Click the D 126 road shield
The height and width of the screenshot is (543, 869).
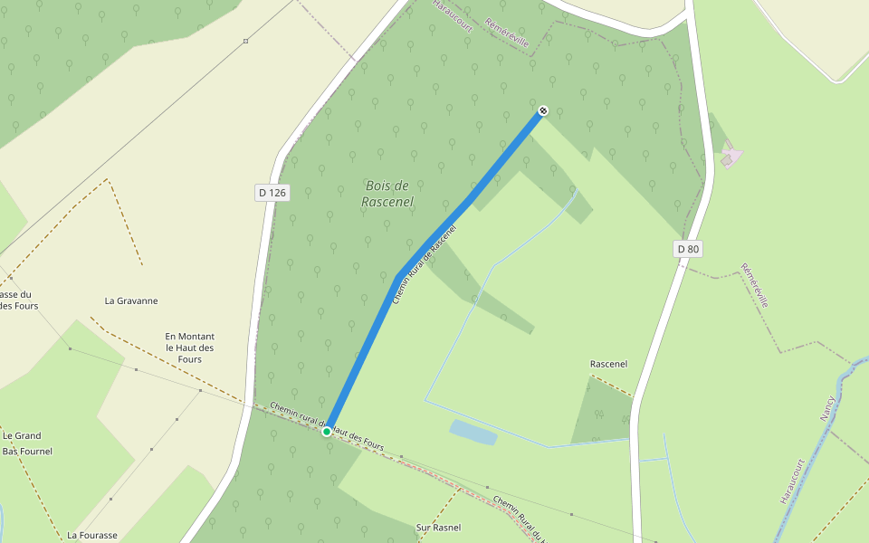(272, 193)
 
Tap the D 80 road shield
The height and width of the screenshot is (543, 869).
(689, 249)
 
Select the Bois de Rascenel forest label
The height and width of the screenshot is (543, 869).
(387, 194)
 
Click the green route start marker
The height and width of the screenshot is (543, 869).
(327, 432)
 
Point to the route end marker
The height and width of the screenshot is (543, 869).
(542, 110)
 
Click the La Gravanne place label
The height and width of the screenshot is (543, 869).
(131, 301)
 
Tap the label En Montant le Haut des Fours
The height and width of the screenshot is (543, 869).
(190, 348)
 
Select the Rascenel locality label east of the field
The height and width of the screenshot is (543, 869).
(608, 365)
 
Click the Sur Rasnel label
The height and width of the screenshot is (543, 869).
(438, 528)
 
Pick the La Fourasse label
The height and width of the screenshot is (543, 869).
(92, 535)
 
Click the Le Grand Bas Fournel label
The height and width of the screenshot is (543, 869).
(27, 443)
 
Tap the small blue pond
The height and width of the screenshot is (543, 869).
(473, 433)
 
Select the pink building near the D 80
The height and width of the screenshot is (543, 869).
(731, 157)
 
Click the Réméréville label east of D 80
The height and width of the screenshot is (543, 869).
(754, 286)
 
